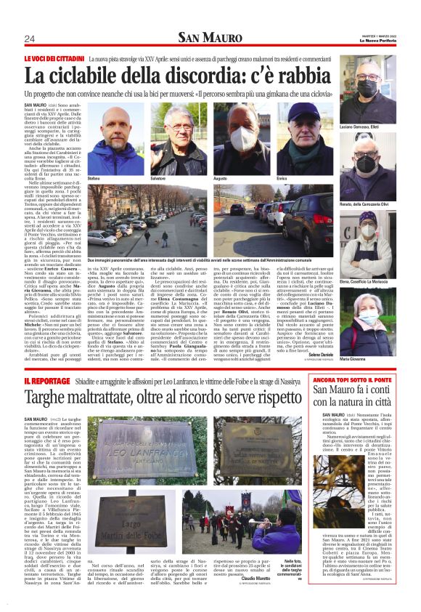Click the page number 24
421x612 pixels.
tap(30, 39)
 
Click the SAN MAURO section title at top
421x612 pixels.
tap(210, 38)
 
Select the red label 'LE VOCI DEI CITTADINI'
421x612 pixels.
tap(54, 58)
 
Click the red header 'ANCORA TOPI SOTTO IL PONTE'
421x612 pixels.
tap(353, 379)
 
